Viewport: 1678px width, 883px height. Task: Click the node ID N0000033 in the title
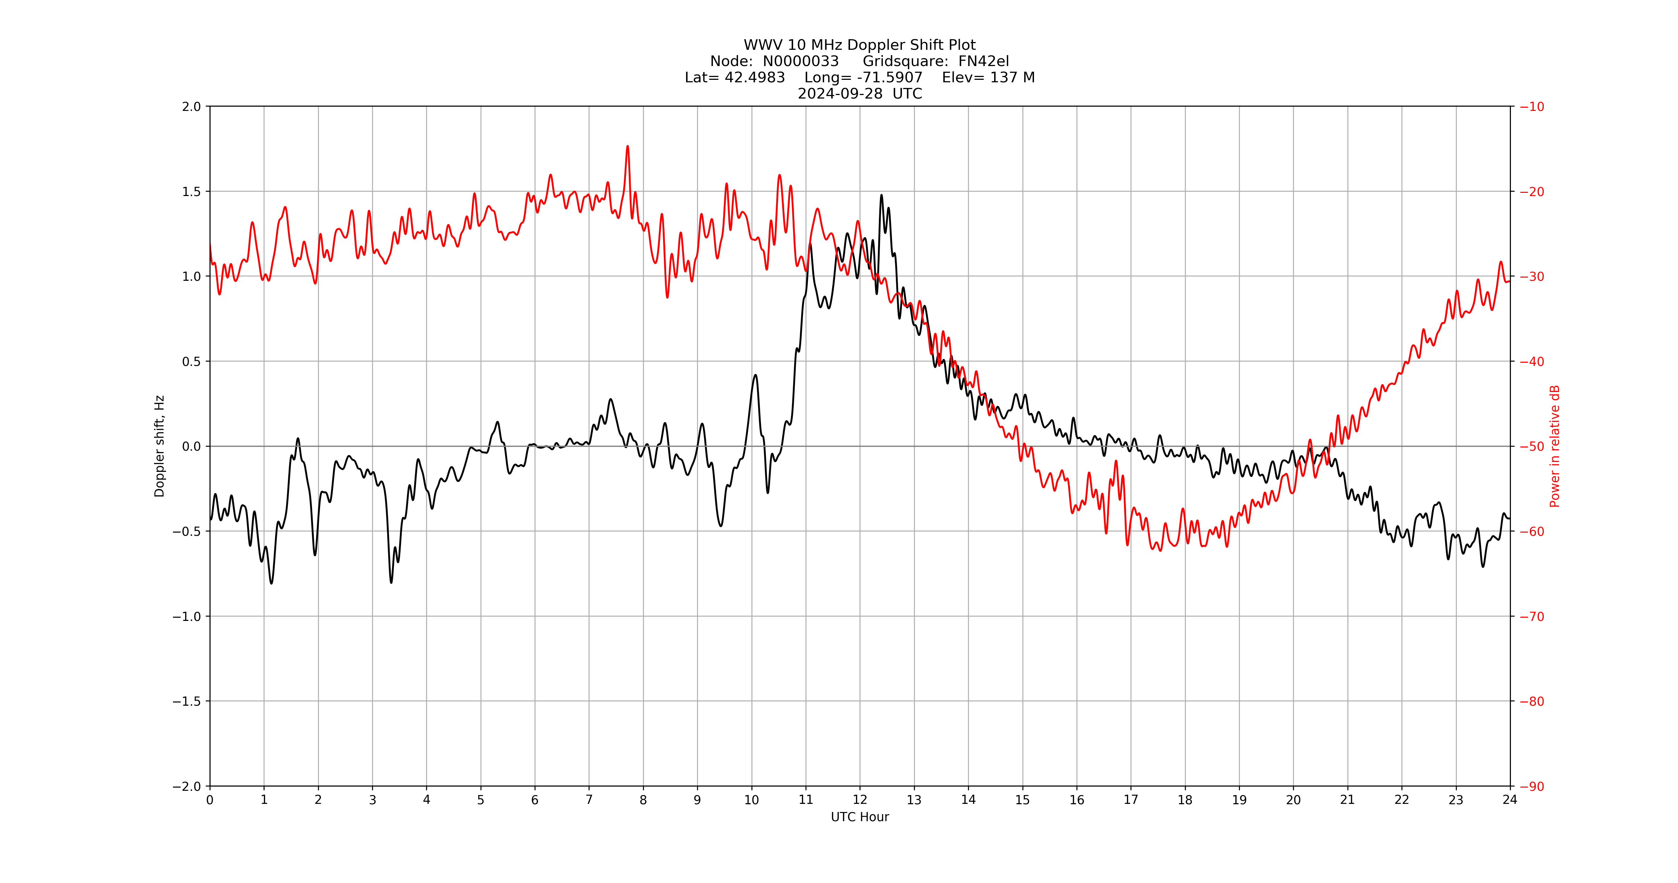800,61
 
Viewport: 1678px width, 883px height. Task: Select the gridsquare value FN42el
983,61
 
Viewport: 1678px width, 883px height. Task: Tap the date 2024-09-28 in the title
840,94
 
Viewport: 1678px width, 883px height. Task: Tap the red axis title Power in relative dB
1555,446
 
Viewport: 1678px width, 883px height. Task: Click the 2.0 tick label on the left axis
191,107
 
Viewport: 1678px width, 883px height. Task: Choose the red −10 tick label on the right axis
1531,107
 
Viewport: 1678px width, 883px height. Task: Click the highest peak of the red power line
627,147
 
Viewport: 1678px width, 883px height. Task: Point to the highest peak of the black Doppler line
881,195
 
